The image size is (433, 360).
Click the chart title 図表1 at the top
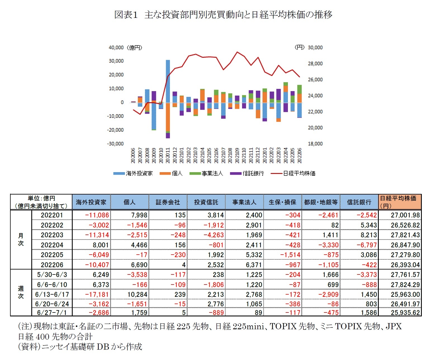(126, 15)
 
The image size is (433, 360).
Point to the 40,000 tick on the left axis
(116, 48)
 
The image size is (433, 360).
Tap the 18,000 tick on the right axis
(315, 144)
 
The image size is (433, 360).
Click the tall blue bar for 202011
(168, 81)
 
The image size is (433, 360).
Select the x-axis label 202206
(299, 155)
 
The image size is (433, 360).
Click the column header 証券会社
(168, 202)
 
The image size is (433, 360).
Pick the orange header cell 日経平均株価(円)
(400, 202)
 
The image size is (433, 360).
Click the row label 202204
(52, 245)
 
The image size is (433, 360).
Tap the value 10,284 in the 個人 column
(137, 295)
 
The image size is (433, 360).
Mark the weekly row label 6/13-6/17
(52, 295)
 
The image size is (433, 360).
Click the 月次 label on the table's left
(21, 240)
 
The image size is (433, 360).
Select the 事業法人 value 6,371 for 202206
(254, 265)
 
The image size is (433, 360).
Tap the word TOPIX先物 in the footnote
(292, 326)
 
